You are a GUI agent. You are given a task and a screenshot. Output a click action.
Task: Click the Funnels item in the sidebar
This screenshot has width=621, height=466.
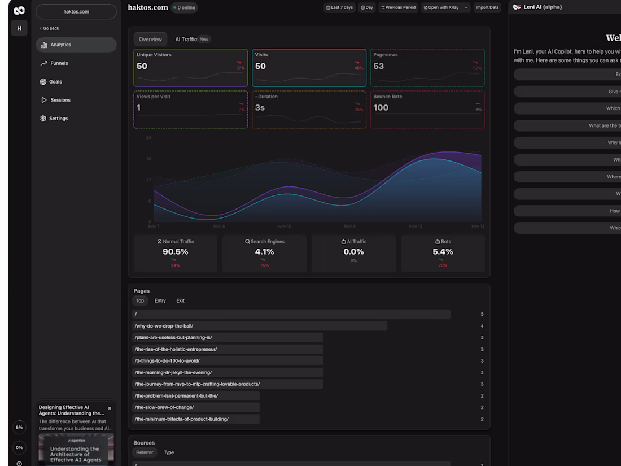tap(59, 63)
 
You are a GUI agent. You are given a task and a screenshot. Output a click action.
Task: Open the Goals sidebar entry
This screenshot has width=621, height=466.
tap(55, 82)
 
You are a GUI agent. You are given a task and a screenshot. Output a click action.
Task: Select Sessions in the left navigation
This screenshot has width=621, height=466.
tap(60, 100)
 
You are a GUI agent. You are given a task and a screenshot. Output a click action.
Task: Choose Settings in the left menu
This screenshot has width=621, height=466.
tap(58, 119)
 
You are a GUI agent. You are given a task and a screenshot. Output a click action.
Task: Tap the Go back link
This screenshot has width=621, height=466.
tap(50, 28)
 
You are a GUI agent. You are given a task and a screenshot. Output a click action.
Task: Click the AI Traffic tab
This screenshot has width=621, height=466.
tap(186, 40)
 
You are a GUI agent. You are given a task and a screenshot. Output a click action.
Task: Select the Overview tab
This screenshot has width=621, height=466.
tap(150, 40)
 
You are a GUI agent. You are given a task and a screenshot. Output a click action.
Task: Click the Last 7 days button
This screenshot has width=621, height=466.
tap(339, 7)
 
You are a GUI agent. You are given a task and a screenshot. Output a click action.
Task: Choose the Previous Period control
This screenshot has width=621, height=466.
tap(398, 7)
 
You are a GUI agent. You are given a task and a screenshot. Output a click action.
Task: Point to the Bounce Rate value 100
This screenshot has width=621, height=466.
tap(381, 108)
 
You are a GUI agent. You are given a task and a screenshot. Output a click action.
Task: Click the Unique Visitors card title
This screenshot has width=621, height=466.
tap(154, 55)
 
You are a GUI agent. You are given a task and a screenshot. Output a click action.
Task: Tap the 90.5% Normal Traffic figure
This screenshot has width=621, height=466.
tap(175, 252)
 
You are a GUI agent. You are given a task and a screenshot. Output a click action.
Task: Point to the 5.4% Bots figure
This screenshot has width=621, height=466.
tap(443, 252)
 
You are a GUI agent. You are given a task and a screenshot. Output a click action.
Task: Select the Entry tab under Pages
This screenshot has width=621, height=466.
tap(160, 301)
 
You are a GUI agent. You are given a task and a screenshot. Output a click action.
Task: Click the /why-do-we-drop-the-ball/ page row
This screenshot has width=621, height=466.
tap(164, 326)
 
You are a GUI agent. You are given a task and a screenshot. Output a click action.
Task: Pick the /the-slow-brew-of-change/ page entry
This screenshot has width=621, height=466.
tap(164, 407)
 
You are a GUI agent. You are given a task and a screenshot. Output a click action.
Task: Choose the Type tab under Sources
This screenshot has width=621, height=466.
tap(169, 452)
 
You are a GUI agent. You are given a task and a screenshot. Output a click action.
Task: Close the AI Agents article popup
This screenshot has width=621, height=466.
tap(110, 408)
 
